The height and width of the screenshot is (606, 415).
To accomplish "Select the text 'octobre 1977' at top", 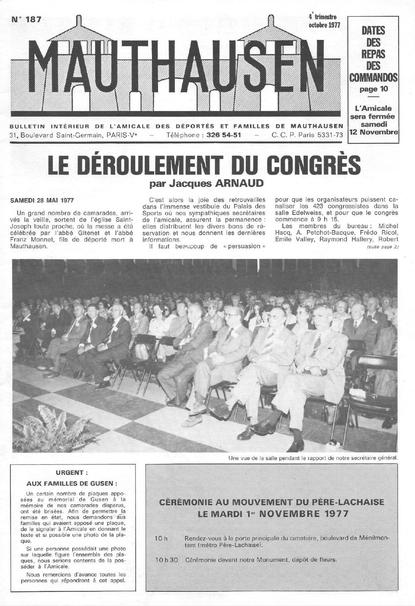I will (324, 25).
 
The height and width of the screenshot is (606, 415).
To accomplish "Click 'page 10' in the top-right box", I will (373, 89).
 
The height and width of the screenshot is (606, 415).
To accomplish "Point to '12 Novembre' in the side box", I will (373, 132).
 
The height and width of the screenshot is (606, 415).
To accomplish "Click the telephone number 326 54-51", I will (223, 135).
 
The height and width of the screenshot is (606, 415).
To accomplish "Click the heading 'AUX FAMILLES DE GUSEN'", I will (71, 483).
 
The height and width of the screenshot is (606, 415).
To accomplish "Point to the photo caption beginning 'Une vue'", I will (313, 458).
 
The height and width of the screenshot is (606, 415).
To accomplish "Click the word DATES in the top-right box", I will (373, 31).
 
